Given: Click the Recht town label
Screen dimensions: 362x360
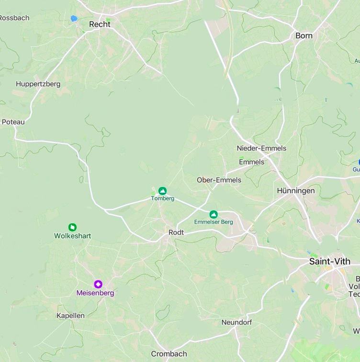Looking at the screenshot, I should [x=100, y=24].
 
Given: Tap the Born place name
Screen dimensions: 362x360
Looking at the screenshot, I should [x=304, y=35].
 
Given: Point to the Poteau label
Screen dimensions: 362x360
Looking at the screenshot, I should [x=13, y=121].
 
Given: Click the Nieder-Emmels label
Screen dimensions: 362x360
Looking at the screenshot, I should [x=261, y=148].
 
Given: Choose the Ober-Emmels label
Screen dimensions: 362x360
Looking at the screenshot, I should [x=219, y=180].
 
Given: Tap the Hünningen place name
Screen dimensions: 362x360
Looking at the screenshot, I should [x=296, y=190].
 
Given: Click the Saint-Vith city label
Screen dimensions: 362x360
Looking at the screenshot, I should [x=329, y=262].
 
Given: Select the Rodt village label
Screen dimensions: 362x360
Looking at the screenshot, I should [x=176, y=232].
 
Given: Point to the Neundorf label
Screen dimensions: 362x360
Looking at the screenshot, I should [x=236, y=322].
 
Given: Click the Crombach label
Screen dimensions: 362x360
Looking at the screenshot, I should [x=169, y=354].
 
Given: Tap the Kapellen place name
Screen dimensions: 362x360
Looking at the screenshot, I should [x=70, y=316].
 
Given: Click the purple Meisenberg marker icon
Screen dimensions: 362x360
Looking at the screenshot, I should [x=98, y=284].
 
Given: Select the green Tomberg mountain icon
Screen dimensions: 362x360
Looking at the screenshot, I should [x=163, y=191].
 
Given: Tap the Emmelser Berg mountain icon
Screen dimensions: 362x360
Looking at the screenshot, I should [x=214, y=214].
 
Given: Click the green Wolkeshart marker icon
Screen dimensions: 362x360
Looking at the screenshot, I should [x=72, y=227].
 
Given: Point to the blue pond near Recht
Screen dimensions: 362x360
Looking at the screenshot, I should [x=74, y=19].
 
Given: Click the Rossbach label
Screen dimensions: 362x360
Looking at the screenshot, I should [x=14, y=18].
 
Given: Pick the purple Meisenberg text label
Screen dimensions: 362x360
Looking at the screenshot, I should [x=95, y=293].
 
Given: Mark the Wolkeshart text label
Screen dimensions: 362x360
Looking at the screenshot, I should [x=72, y=236].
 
